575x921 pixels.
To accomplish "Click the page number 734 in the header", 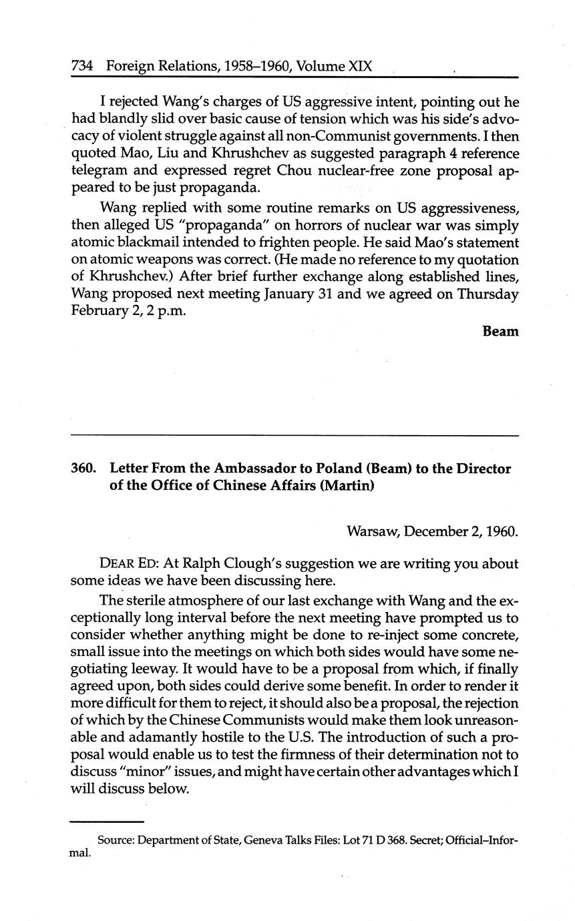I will (x=81, y=67).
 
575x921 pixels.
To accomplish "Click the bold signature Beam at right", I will (x=500, y=331).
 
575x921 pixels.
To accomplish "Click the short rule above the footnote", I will (x=107, y=822).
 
